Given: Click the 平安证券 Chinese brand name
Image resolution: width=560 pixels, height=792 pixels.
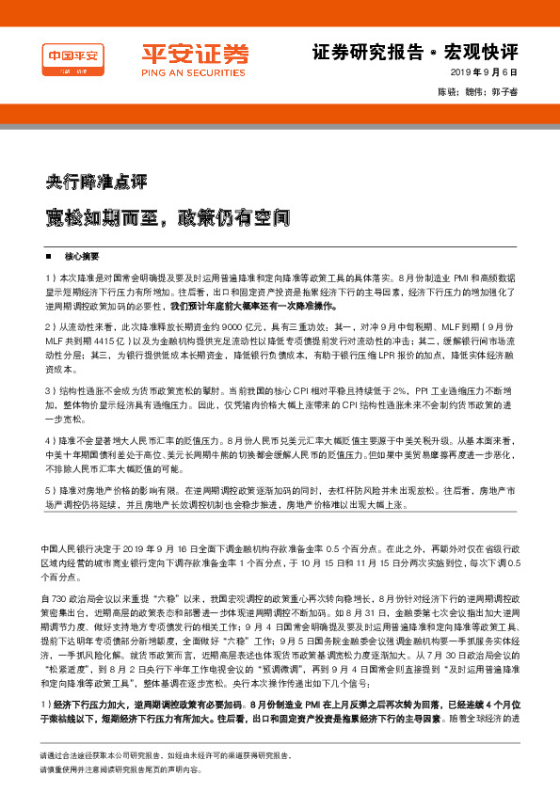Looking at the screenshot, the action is (x=183, y=53).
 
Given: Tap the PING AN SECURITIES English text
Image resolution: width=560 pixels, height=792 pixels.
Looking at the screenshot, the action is (x=184, y=71).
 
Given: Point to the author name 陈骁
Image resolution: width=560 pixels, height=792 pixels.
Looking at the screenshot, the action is (x=447, y=92).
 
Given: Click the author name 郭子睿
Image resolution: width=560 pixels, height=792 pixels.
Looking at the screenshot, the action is (x=505, y=92).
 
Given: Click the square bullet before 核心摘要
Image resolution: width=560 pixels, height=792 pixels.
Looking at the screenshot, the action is (x=50, y=256).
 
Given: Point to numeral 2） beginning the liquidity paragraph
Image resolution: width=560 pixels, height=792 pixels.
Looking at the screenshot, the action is (x=50, y=325).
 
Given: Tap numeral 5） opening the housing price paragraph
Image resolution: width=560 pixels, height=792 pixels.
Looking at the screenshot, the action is (x=50, y=490).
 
